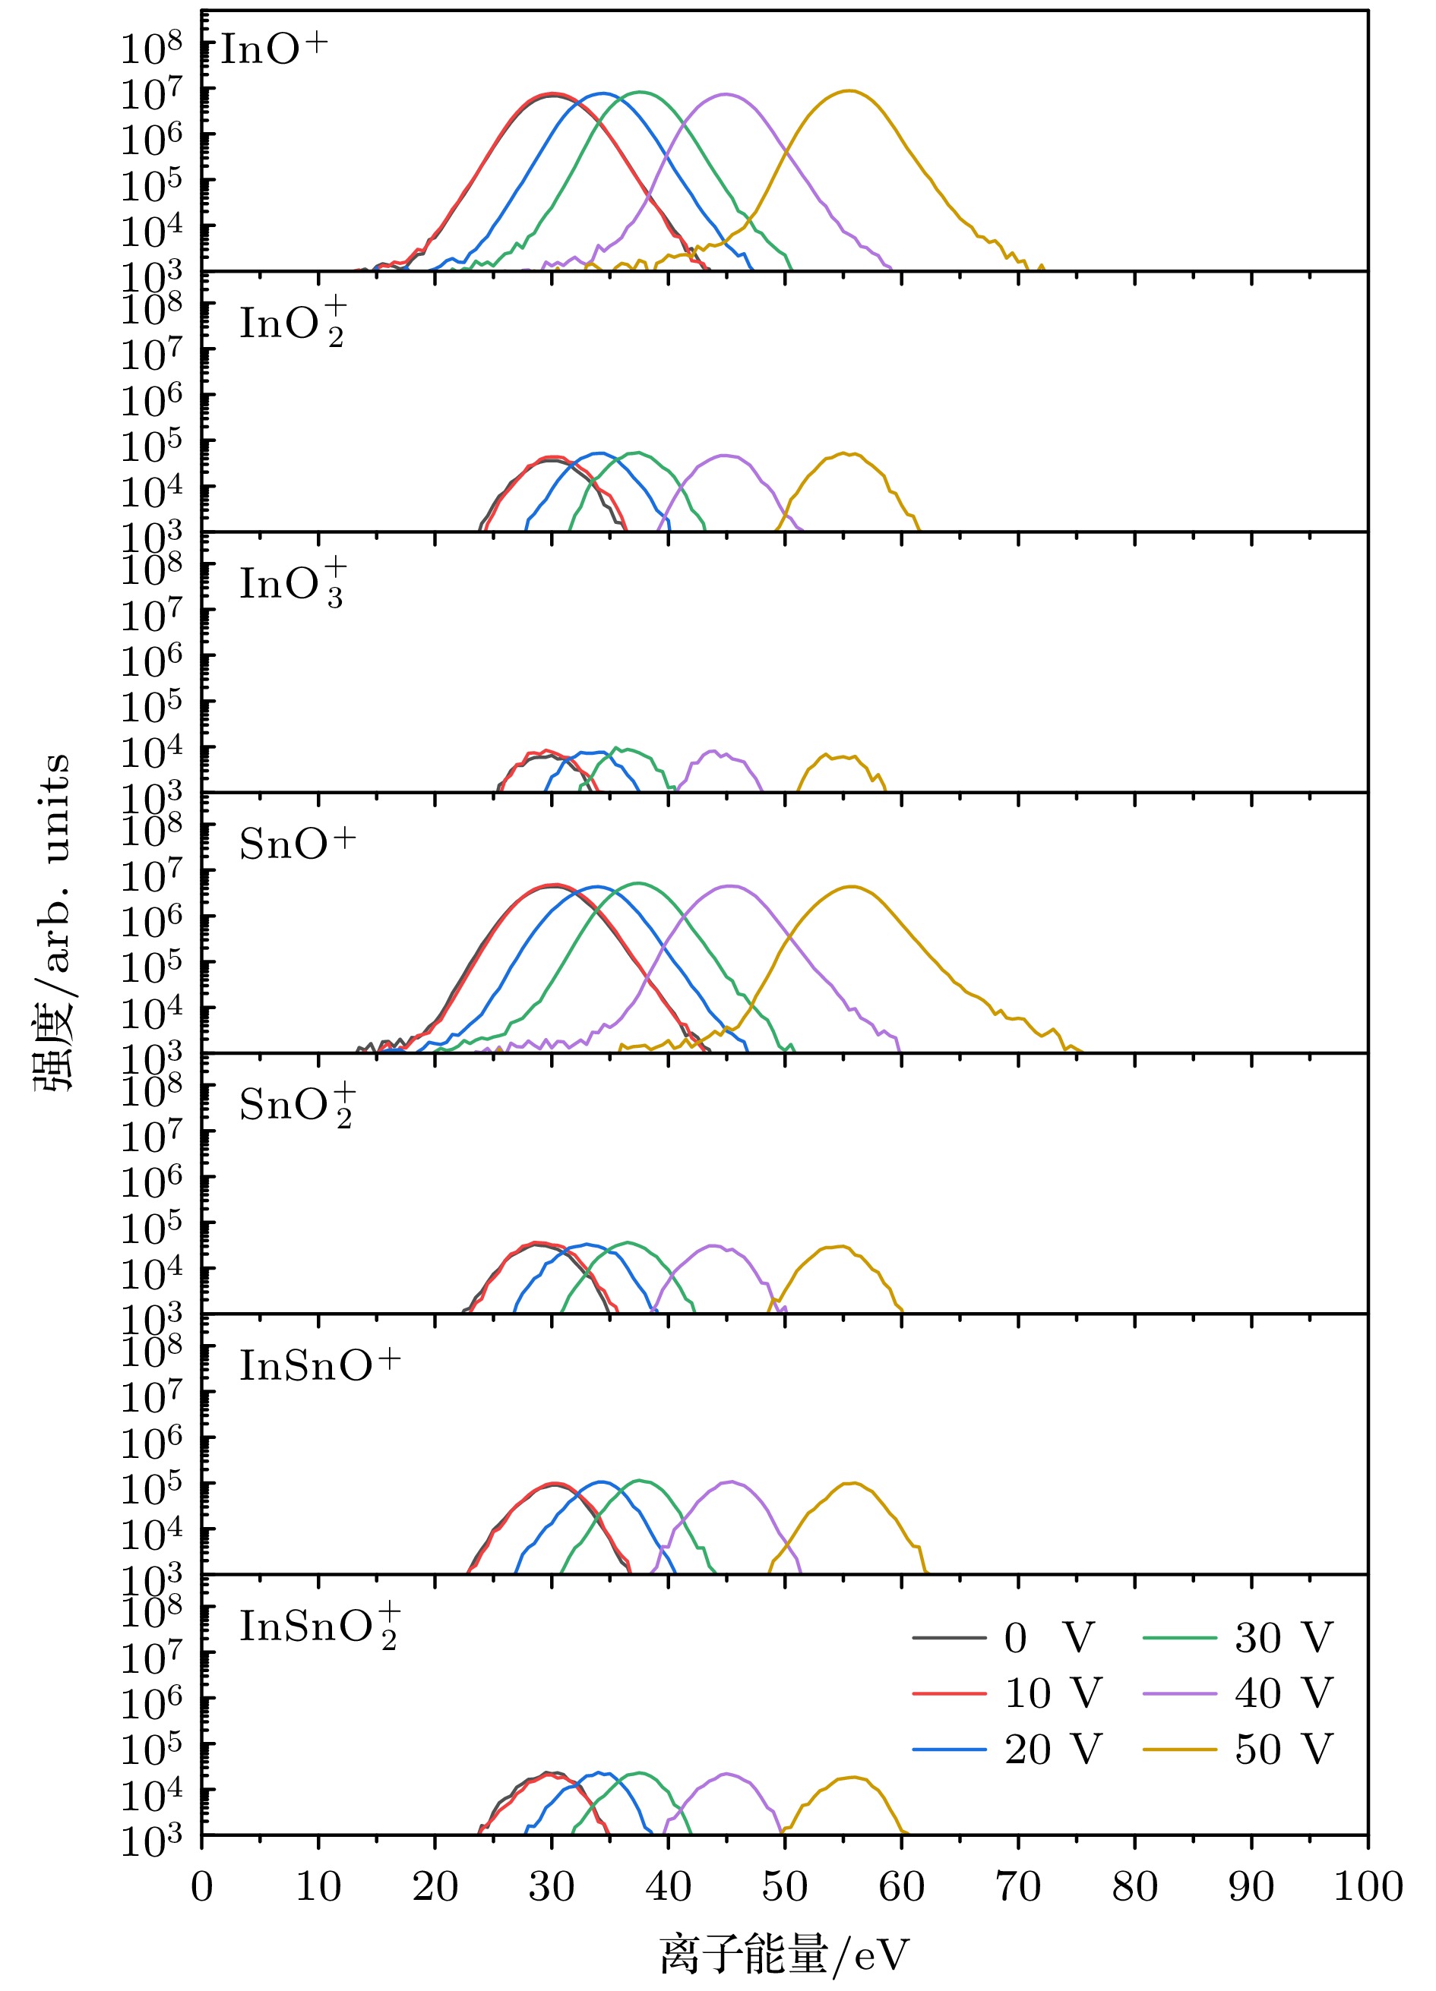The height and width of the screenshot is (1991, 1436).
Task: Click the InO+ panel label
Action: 274,49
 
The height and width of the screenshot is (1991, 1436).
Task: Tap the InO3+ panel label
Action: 293,583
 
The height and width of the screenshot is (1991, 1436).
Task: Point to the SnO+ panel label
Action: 297,844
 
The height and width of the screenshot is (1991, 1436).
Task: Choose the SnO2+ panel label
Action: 297,1104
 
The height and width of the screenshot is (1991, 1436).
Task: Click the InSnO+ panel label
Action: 320,1365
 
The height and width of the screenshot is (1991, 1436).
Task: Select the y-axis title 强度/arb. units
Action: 52,922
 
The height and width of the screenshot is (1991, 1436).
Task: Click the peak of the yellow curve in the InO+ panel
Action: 849,90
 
